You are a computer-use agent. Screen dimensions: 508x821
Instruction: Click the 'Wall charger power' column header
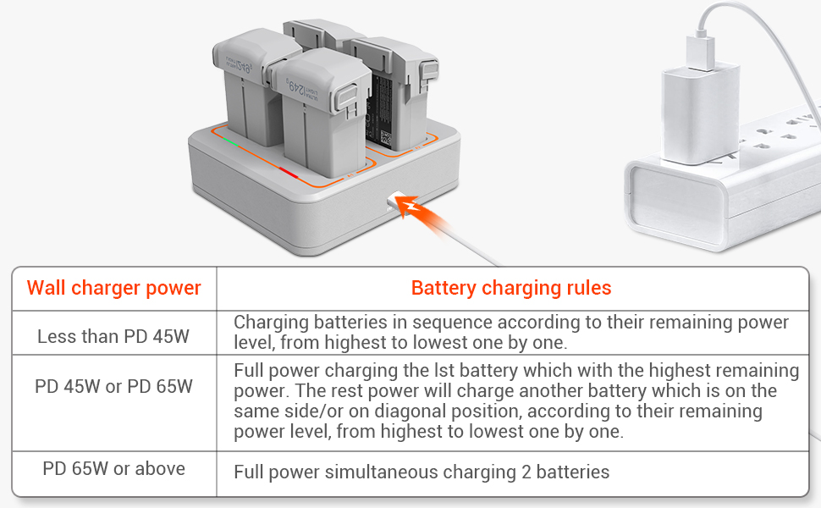pyautogui.click(x=113, y=288)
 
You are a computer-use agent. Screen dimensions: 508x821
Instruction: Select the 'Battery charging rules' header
pyautogui.click(x=511, y=288)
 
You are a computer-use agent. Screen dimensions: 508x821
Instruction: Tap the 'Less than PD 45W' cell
pyautogui.click(x=113, y=336)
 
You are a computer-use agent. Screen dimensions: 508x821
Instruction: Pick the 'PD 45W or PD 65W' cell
pyautogui.click(x=113, y=387)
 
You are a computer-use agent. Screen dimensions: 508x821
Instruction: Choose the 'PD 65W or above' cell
pyautogui.click(x=113, y=468)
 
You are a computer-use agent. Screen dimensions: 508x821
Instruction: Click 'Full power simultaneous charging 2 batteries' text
pyautogui.click(x=422, y=472)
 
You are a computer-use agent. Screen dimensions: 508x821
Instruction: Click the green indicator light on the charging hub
pyautogui.click(x=230, y=140)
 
